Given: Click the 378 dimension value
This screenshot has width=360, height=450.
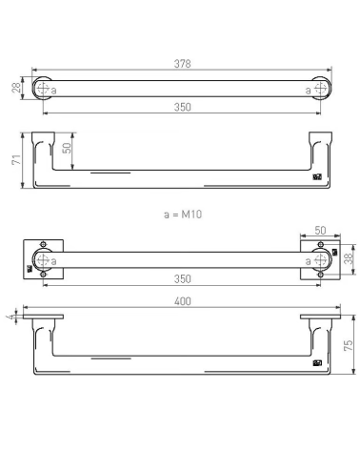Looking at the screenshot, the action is tap(183, 64).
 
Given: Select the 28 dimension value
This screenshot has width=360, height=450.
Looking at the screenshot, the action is tap(16, 87).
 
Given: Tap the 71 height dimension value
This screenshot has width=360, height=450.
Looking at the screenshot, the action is tap(16, 159).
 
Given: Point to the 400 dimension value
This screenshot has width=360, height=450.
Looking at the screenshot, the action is tap(183, 301).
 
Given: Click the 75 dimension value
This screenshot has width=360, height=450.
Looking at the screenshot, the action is tap(349, 345).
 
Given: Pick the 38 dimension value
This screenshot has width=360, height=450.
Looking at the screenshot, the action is tap(349, 258).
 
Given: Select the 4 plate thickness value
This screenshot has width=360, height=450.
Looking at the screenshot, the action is tap(12, 317).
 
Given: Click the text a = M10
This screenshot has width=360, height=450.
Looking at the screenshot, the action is tap(183, 215).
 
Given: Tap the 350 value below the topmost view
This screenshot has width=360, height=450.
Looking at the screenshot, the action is tap(183, 107).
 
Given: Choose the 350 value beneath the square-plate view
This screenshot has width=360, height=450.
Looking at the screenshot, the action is tap(183, 279).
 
